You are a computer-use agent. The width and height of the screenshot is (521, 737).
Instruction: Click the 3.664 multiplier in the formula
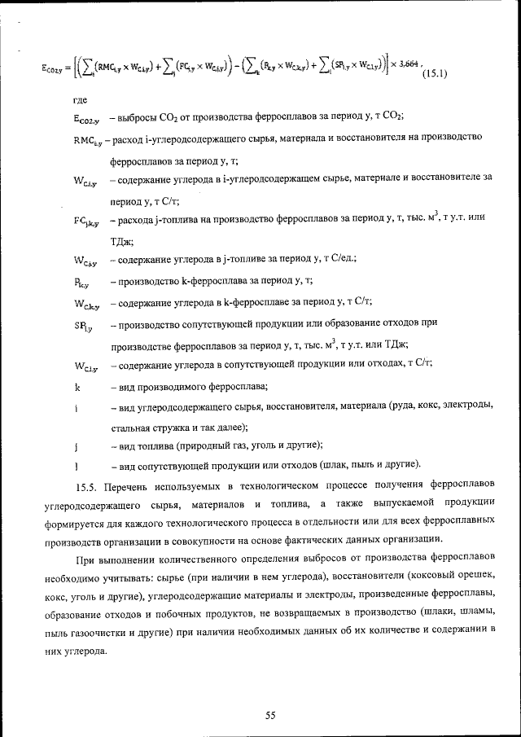409,64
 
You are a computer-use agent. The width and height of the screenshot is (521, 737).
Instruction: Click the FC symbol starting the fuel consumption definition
85,221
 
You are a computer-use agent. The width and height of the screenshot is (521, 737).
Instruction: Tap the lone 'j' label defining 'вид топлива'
75,447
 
